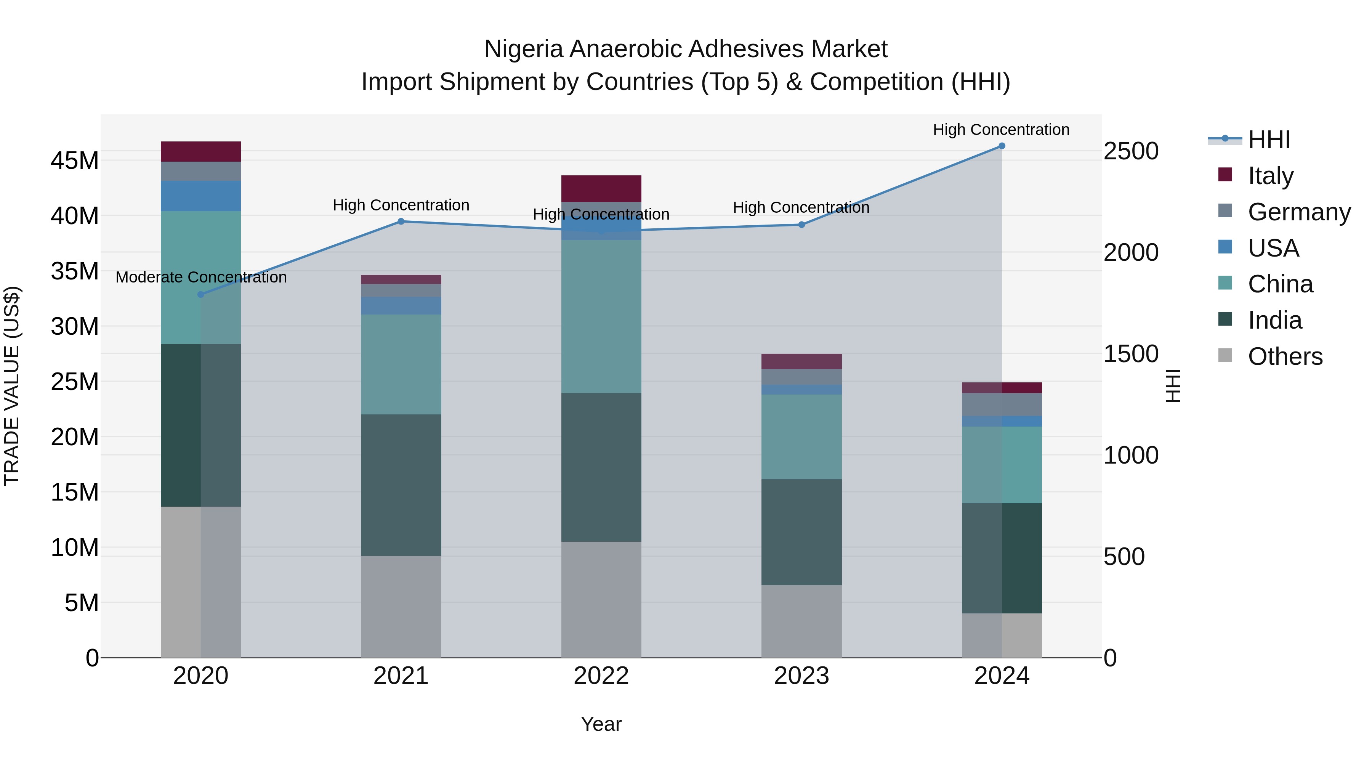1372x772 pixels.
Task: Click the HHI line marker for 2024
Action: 1001,146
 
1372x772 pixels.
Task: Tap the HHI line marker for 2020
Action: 201,295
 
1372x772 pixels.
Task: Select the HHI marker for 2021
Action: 401,221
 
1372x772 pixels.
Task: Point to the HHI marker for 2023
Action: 801,225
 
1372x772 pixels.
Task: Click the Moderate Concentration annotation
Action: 201,278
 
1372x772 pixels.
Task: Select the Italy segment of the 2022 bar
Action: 601,189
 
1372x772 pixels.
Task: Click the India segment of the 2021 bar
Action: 401,485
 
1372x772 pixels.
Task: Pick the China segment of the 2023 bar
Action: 801,437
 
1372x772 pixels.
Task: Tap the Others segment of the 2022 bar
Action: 601,599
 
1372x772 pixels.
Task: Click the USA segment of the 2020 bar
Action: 201,196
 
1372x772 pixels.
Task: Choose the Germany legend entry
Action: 1298,212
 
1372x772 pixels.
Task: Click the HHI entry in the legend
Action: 1268,140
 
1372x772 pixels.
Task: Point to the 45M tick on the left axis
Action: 75,161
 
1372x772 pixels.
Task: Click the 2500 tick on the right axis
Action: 1131,151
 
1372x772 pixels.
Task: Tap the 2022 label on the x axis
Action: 601,676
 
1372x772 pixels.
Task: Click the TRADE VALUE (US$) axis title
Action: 12,386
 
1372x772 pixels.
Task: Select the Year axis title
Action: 601,724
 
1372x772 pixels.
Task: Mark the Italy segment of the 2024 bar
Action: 1001,388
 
